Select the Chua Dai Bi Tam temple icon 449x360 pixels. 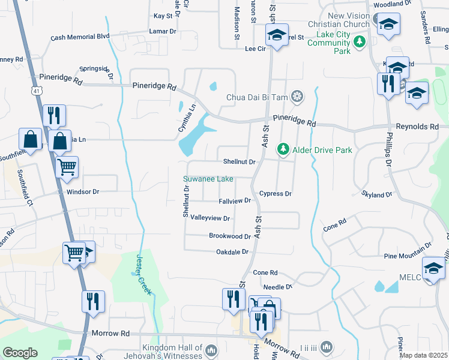pyautogui.click(x=297, y=97)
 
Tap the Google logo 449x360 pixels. pyautogui.click(x=20, y=353)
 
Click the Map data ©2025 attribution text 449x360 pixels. pyautogui.click(x=423, y=355)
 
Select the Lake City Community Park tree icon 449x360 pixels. pyautogui.click(x=359, y=41)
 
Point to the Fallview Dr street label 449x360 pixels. pyautogui.click(x=234, y=200)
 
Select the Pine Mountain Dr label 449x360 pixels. pyautogui.click(x=408, y=246)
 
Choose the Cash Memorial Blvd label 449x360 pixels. pyautogui.click(x=80, y=37)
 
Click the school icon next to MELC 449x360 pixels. pyautogui.click(x=433, y=267)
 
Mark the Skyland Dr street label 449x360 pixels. pyautogui.click(x=376, y=194)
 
